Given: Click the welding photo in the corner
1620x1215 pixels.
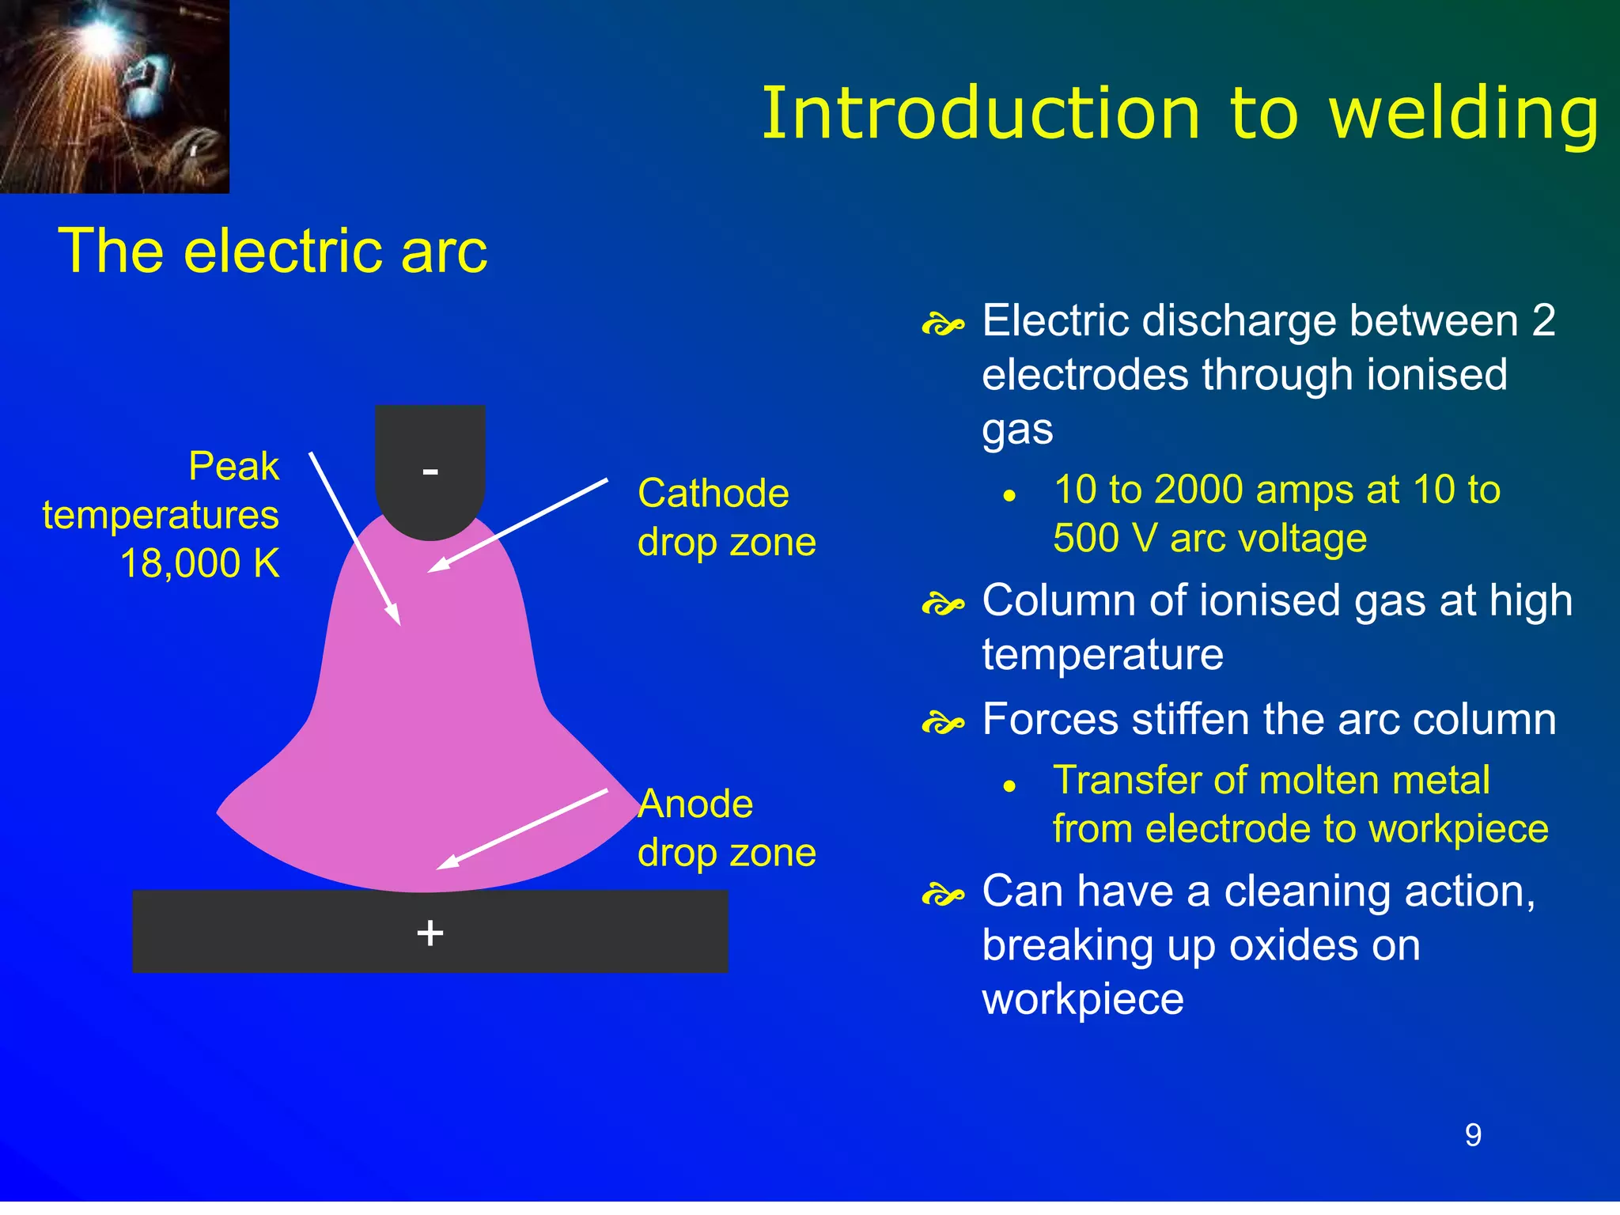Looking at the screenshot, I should (114, 96).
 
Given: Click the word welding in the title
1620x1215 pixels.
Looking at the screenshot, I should (1463, 115).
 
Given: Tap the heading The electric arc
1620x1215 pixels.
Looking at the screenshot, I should (273, 251).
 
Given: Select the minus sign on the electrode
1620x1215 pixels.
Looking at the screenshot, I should (430, 471).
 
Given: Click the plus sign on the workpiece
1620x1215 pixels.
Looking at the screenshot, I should (430, 933).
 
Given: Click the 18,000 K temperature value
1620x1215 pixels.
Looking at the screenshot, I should (200, 564).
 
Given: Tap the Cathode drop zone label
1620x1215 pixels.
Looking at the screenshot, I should (725, 517).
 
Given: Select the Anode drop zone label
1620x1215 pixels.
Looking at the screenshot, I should (725, 828).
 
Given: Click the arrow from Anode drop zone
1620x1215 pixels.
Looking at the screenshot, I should (522, 829).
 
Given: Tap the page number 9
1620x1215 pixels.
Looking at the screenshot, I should (1473, 1136).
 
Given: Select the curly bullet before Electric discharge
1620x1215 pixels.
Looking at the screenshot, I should (943, 324).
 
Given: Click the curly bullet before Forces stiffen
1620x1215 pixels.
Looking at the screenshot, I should (943, 723).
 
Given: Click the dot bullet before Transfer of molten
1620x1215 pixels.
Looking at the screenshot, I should (1009, 786).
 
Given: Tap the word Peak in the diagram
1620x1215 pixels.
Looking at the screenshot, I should (233, 466).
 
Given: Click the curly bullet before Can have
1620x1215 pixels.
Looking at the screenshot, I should (943, 895).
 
